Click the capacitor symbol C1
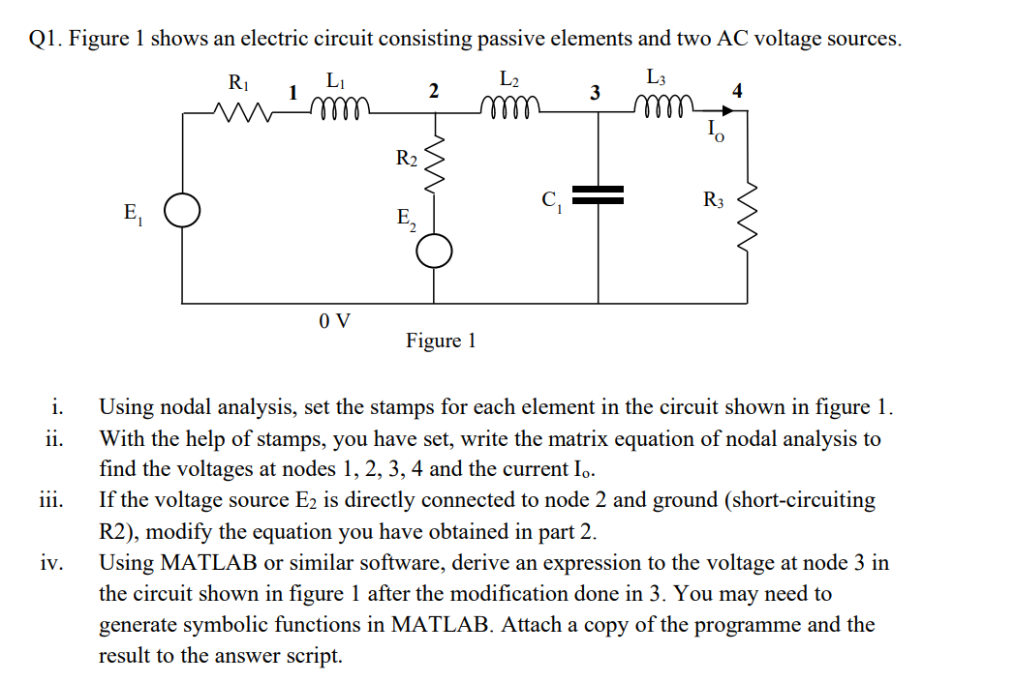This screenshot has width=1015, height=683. pos(601,194)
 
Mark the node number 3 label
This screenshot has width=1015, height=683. pos(596,93)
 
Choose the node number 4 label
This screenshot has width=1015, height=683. pos(738,92)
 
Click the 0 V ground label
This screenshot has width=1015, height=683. pos(335,321)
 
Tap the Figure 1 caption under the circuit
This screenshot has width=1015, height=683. pos(441,341)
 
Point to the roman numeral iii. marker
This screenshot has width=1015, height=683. pos(52,500)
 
